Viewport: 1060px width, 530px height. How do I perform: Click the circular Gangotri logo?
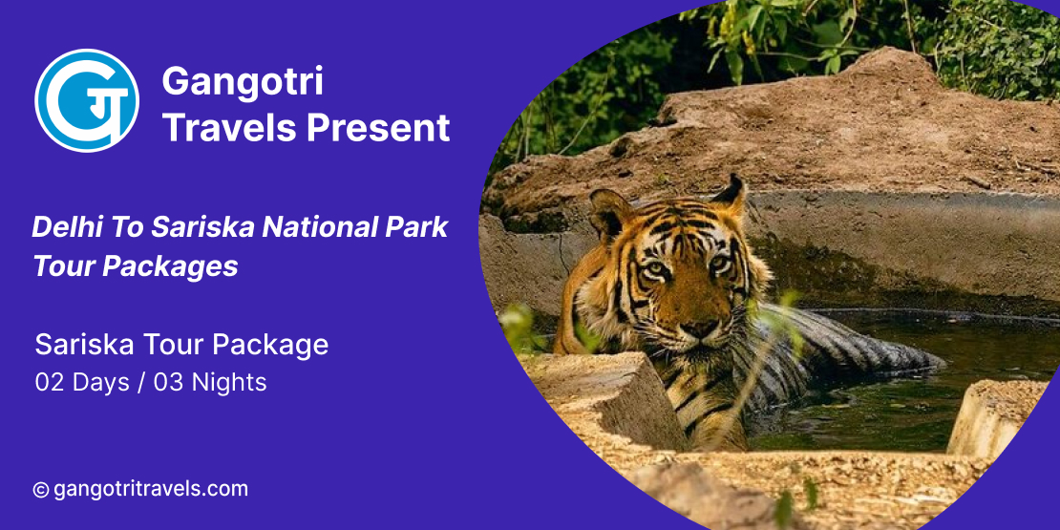(x=87, y=100)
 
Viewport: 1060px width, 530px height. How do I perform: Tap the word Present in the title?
(x=378, y=128)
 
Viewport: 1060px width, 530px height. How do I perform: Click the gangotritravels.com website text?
(x=150, y=490)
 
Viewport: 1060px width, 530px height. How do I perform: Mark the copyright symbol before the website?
(x=40, y=490)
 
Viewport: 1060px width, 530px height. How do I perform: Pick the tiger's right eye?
(x=655, y=268)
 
